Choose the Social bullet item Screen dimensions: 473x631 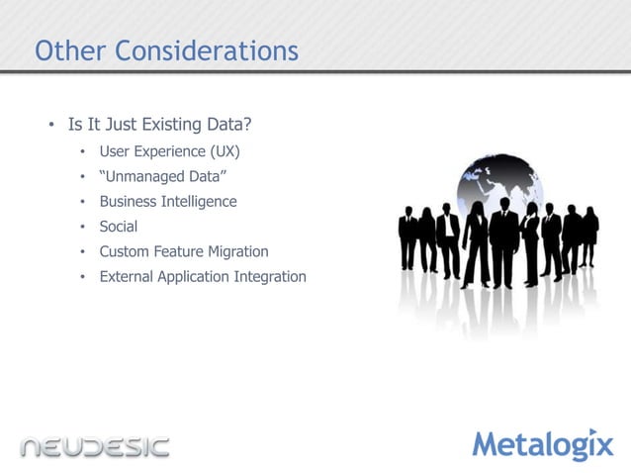coord(118,227)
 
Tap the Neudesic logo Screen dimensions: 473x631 coord(95,446)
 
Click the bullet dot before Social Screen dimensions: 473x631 coord(84,227)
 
